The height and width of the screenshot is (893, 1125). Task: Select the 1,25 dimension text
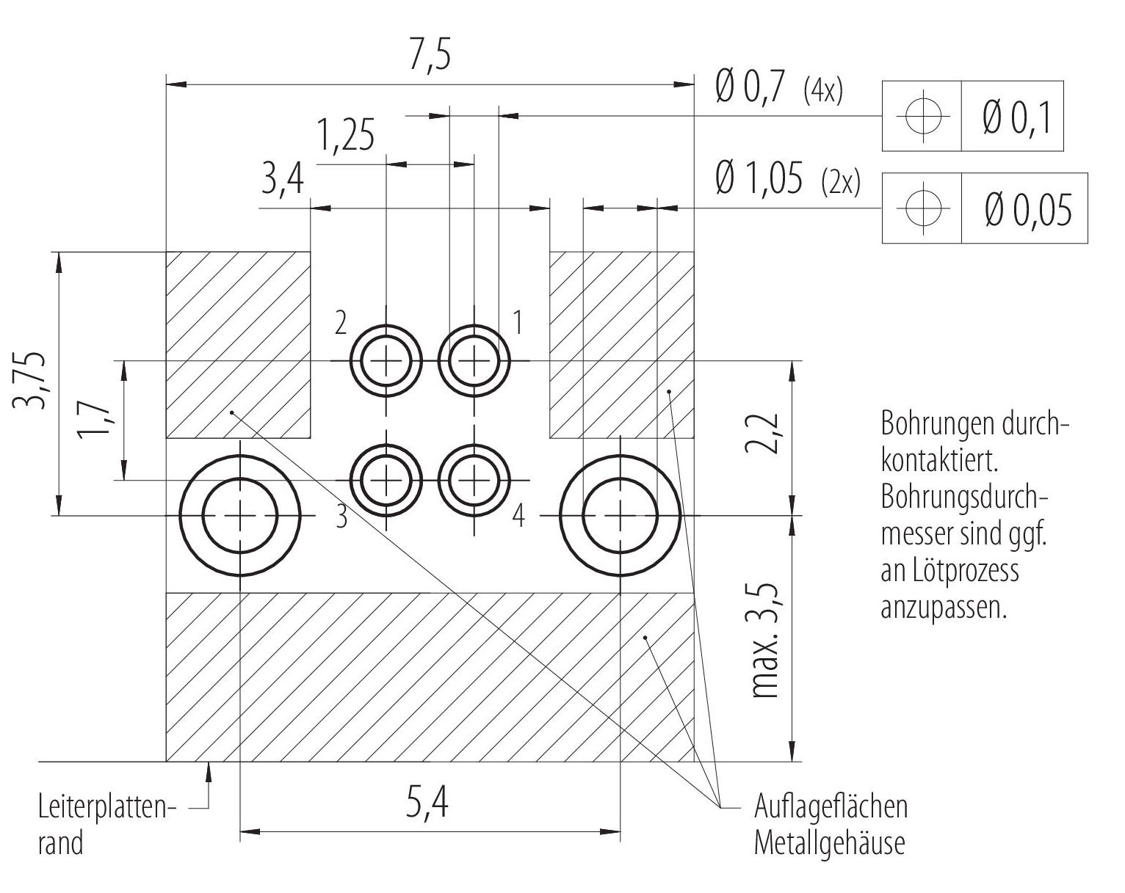(x=346, y=135)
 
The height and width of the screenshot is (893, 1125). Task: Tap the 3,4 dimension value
(x=282, y=179)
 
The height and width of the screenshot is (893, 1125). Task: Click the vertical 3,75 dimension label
(x=29, y=380)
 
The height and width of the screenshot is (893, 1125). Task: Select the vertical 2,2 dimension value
(x=762, y=433)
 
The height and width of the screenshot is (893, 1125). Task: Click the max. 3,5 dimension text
(x=765, y=641)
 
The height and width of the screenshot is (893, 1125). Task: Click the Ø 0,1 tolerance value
(x=1016, y=117)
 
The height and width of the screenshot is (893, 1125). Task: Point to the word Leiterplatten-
(x=108, y=807)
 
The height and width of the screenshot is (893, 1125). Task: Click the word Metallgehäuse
(x=829, y=843)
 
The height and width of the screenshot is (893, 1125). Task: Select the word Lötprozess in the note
(x=974, y=571)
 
